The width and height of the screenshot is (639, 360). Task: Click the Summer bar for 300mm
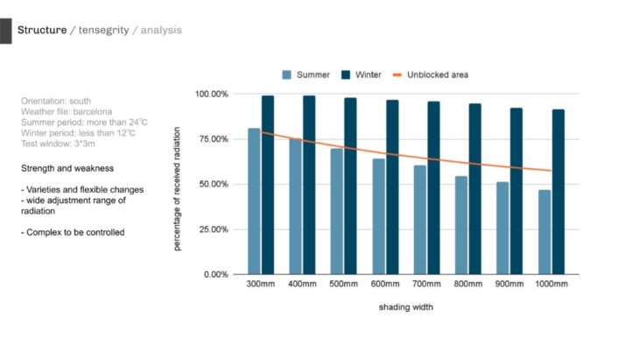[254, 201]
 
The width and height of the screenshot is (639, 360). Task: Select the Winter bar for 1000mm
[558, 192]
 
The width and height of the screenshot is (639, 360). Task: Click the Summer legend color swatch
[286, 74]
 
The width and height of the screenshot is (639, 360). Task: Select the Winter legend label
[368, 74]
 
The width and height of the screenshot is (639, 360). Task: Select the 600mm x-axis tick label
[384, 286]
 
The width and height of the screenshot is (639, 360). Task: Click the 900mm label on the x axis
[509, 286]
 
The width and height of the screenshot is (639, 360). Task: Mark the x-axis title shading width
[405, 308]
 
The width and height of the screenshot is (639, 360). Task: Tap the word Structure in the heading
[42, 31]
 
